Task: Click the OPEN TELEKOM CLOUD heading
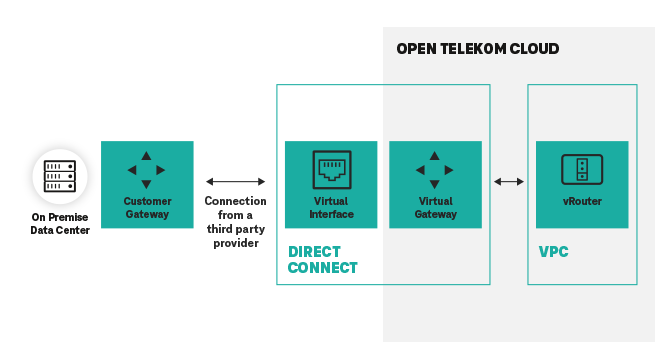477,49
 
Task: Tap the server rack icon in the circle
59,176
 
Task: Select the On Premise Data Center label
59,224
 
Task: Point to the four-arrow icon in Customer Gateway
147,170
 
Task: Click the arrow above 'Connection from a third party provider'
235,181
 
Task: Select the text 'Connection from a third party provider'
235,221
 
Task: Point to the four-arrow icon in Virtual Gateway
435,170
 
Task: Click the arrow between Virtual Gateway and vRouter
509,181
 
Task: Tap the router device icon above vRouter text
582,169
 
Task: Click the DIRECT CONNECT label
322,260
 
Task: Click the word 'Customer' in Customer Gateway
147,201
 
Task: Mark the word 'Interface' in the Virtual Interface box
331,214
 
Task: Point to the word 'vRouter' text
582,202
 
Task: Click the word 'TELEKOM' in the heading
477,49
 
